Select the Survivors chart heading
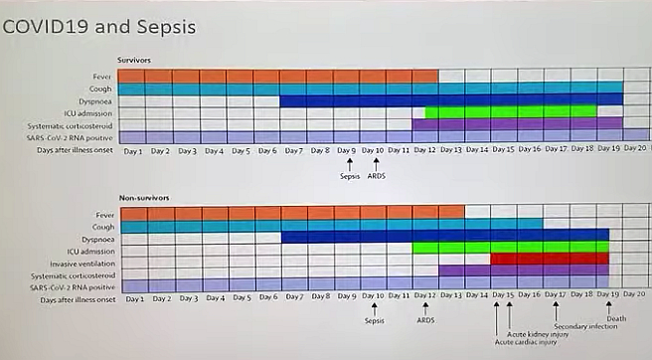(134, 61)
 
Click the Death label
(616, 345)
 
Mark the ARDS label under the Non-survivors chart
(425, 320)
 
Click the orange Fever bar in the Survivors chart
(278, 76)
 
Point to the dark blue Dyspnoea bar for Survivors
(447, 100)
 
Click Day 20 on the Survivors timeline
(635, 150)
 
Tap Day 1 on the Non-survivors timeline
(134, 297)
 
